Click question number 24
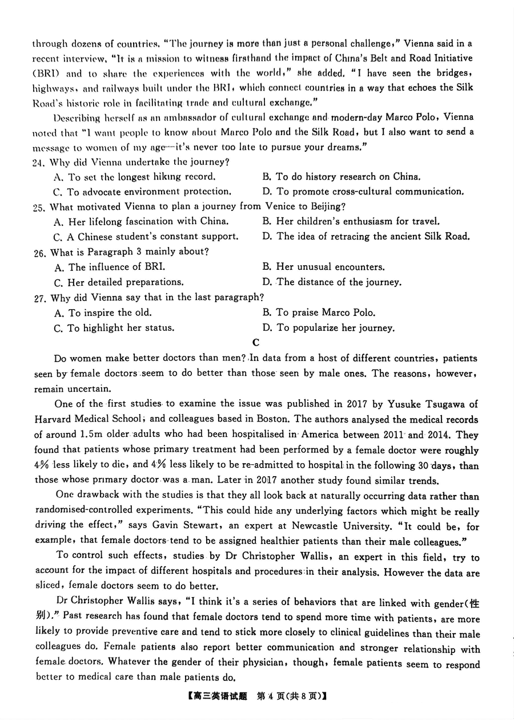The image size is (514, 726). pos(38,162)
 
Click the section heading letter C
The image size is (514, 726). pos(256,342)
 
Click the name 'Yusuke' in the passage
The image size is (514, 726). pos(394,404)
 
